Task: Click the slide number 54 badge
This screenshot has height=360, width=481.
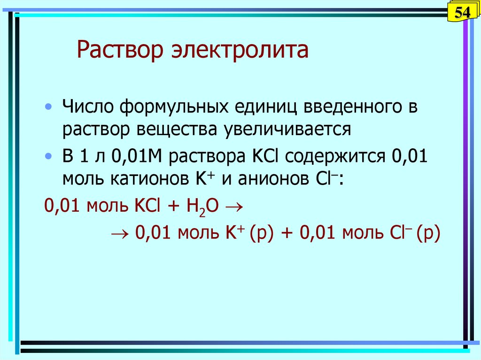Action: [x=463, y=12]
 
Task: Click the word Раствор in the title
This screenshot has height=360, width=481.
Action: [x=120, y=49]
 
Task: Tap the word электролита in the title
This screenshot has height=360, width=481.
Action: [x=240, y=49]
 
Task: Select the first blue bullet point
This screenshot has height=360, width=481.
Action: [x=48, y=107]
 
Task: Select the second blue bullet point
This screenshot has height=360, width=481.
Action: [x=48, y=156]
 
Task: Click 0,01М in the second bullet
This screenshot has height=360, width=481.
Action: [x=137, y=156]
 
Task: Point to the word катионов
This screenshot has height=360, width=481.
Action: [x=149, y=179]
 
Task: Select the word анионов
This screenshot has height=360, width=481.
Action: [x=273, y=179]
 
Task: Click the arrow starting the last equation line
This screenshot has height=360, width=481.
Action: [x=120, y=234]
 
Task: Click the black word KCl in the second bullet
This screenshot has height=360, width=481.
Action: [x=265, y=156]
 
